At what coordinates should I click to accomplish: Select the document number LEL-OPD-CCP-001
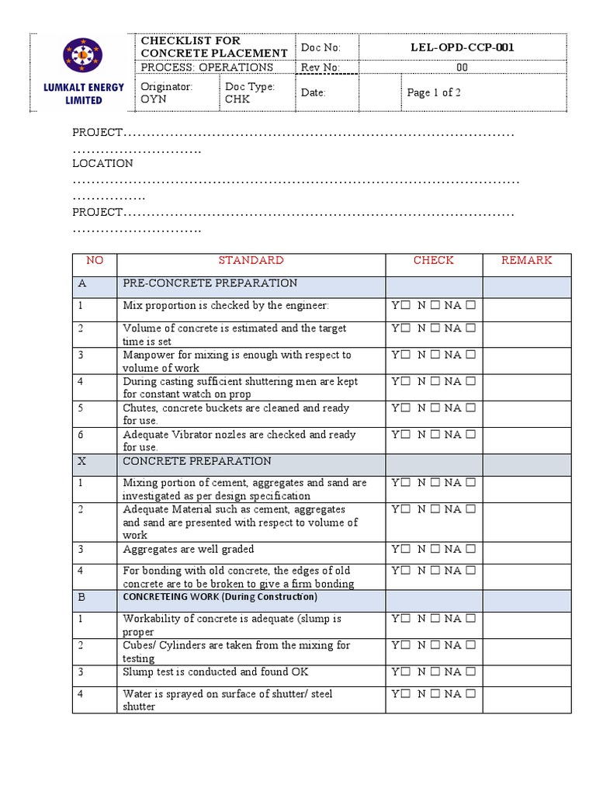[462, 47]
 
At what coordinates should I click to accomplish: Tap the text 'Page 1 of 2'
[435, 92]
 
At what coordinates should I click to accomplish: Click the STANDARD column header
[251, 261]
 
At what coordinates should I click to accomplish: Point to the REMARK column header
[526, 261]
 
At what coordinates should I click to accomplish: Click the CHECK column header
[433, 261]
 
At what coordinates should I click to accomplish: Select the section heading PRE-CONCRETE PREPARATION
[210, 283]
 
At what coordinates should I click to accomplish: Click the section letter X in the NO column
[81, 461]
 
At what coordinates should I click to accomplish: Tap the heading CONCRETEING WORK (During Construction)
[220, 597]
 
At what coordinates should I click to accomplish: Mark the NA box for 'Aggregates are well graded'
[470, 550]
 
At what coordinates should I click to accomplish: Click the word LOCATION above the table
[102, 163]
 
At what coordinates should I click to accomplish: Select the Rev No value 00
[462, 68]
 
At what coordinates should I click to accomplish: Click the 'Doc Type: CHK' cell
[250, 93]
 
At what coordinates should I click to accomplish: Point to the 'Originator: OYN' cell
[165, 93]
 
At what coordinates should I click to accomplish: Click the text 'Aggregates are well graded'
[188, 550]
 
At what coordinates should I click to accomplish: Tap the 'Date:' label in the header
[314, 92]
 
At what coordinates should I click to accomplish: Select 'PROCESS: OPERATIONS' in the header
[206, 68]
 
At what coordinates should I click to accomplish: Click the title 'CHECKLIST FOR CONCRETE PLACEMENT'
[213, 47]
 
